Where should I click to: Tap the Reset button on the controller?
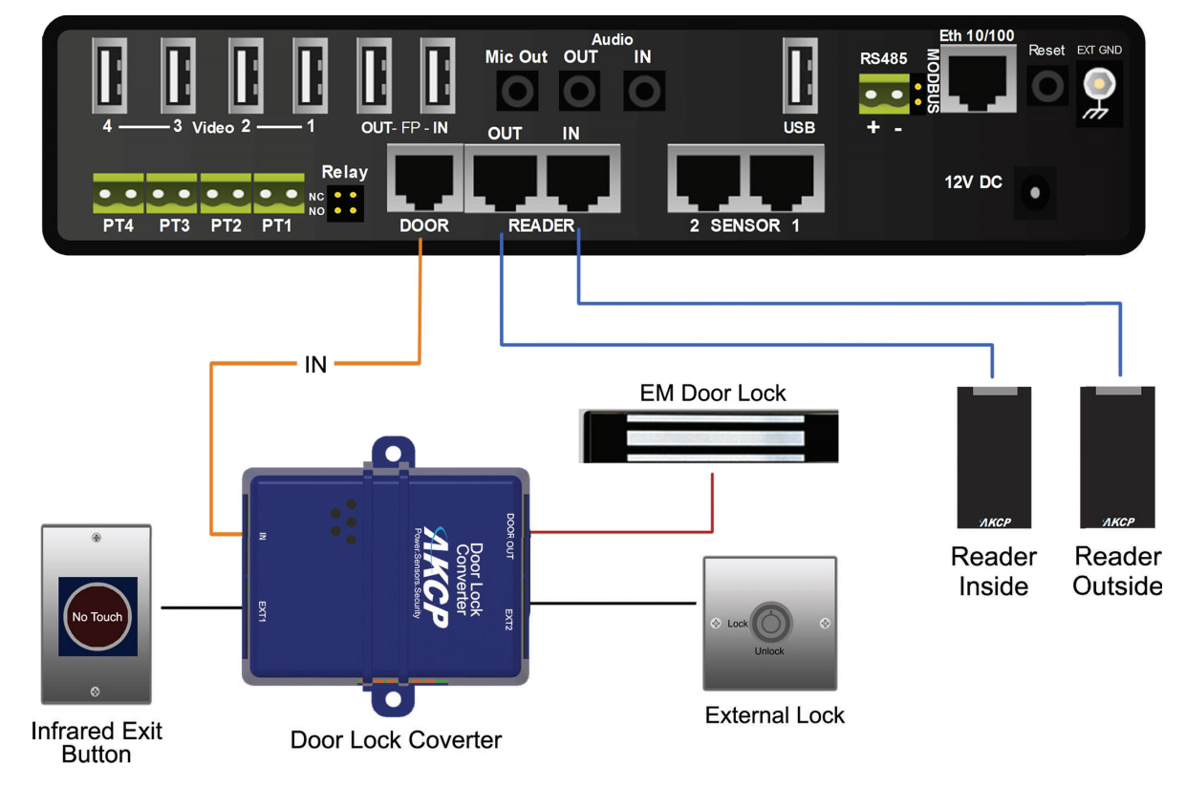1046,87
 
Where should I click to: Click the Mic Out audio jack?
516,92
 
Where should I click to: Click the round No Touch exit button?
97,616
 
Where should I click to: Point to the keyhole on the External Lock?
768,624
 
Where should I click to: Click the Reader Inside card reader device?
994,457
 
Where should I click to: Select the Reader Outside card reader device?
1117,457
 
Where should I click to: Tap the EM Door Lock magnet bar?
708,436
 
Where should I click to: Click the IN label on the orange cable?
315,364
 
